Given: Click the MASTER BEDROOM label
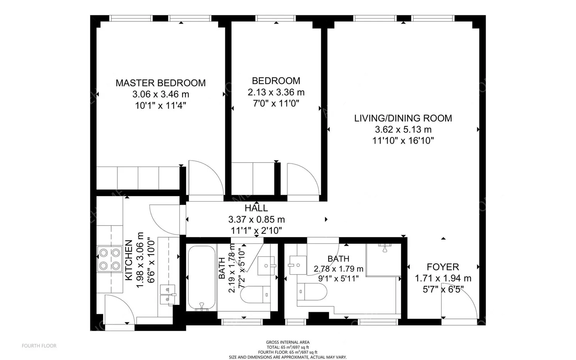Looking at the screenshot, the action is (161, 83).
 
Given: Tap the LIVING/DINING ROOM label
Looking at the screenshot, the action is (403, 118).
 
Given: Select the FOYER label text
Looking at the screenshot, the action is (443, 267).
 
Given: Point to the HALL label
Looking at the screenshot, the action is (256, 208).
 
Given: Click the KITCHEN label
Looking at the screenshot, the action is (129, 260).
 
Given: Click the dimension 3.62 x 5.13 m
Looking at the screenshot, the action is (403, 129).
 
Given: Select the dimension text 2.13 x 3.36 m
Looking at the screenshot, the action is (276, 92).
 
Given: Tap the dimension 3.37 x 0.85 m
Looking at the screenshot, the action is (256, 219).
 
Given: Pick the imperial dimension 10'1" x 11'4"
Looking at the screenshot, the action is (161, 105).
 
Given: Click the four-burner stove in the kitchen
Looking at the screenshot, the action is (110, 259).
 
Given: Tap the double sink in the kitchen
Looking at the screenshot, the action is (168, 295).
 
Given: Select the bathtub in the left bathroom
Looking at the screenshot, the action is (202, 278).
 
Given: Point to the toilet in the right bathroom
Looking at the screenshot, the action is (312, 292).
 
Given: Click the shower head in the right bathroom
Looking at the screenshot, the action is (385, 248).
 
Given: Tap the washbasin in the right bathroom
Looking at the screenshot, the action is (298, 265).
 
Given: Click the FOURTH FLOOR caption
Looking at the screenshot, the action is (39, 346).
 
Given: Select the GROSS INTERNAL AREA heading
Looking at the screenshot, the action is (288, 342).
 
